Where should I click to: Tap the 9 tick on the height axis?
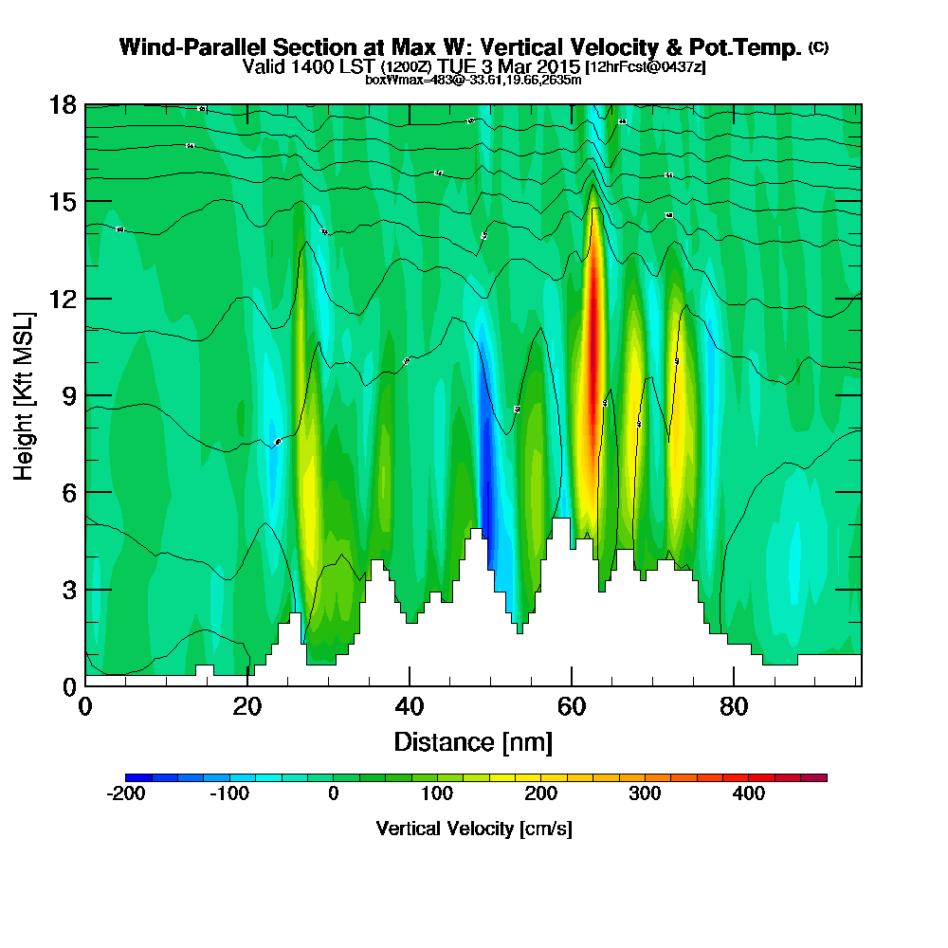pos(68,395)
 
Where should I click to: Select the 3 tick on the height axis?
pos(68,589)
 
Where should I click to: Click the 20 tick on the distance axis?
pos(247,706)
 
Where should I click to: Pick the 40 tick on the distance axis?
pos(410,706)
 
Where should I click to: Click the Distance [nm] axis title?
pos(473,741)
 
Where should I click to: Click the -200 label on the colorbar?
pos(125,793)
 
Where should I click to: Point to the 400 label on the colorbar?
pos(749,793)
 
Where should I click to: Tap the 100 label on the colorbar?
pos(437,793)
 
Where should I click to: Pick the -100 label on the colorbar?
pos(228,793)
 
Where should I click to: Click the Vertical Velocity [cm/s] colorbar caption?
pos(474,829)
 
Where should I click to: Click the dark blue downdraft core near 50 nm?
pos(486,465)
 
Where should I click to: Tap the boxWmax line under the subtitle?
pos(473,80)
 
